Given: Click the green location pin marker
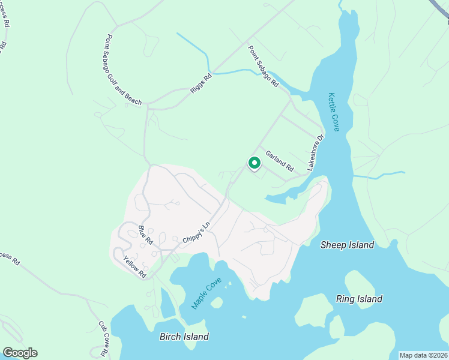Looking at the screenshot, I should pos(254,163).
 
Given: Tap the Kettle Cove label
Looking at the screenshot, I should pos(334,112).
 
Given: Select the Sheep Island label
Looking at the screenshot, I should pos(347,245).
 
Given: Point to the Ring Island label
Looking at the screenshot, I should pos(359,299).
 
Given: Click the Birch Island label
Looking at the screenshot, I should pos(184,337).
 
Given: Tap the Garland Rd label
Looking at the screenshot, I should pos(280,160).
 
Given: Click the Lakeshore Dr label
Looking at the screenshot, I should pos(316,152).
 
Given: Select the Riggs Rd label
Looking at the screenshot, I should pos(201,83).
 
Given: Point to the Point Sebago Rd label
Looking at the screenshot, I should pos(264,67).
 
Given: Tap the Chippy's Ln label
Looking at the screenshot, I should pos(197,233).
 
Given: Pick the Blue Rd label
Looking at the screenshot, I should pos(146,235).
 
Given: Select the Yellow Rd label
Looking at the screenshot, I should pos(135,266).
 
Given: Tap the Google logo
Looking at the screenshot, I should pos(20,353).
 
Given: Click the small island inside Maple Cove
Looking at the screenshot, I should pos(217,302).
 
